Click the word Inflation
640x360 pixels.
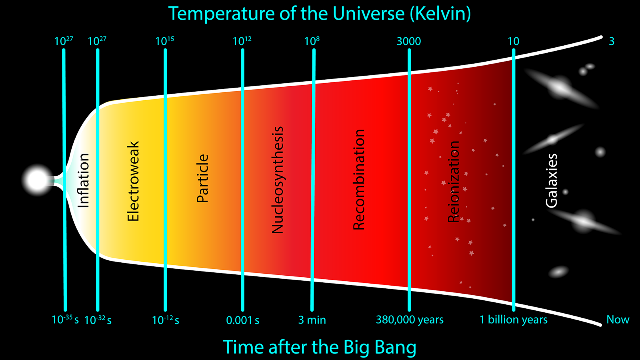point(84,180)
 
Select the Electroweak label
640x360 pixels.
point(133,181)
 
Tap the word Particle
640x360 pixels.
point(202,178)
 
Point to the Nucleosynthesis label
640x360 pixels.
point(277,180)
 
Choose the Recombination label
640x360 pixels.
point(359,180)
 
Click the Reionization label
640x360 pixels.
point(454,182)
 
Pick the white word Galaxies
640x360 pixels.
point(552,180)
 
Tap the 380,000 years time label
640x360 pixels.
point(410,320)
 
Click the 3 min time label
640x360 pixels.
point(312,320)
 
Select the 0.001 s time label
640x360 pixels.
point(242,320)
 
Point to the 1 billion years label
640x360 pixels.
point(514,320)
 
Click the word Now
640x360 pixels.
point(618,320)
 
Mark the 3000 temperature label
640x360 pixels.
point(409,42)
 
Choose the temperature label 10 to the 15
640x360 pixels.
point(164,41)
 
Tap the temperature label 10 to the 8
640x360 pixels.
point(312,41)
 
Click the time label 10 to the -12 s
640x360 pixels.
point(166,320)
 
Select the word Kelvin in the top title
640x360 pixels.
point(440,14)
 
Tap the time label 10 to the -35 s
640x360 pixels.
point(65,320)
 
